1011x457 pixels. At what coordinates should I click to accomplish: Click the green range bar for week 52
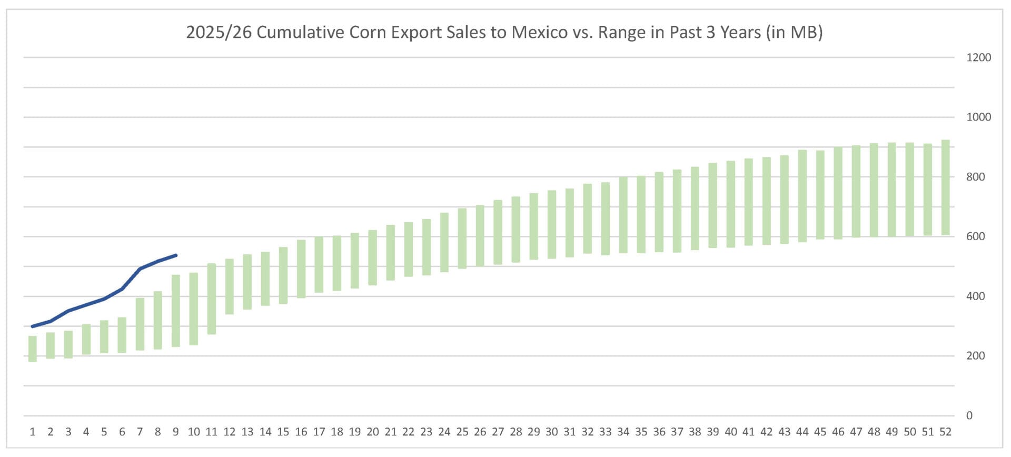[x=945, y=187]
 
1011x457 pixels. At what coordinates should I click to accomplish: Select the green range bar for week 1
[x=33, y=349]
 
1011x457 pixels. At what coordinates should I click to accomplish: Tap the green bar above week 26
[x=480, y=235]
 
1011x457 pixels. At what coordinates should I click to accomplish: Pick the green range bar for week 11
[x=212, y=299]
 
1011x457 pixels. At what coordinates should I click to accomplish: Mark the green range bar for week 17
[x=319, y=264]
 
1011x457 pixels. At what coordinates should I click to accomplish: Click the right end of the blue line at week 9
[x=176, y=255]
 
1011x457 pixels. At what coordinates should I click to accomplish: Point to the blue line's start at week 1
[x=33, y=326]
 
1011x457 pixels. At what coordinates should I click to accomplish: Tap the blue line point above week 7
[x=140, y=269]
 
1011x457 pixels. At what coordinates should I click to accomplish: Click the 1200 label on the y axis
[x=978, y=57]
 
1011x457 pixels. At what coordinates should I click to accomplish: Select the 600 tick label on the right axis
[x=975, y=236]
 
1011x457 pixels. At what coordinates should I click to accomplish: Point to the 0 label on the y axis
[x=969, y=415]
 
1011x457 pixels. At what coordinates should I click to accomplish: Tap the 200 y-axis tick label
[x=975, y=356]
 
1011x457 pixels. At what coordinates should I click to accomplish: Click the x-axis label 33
[x=606, y=432]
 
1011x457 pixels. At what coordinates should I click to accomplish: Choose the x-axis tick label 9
[x=176, y=432]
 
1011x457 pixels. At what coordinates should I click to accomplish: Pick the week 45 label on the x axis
[x=820, y=432]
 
